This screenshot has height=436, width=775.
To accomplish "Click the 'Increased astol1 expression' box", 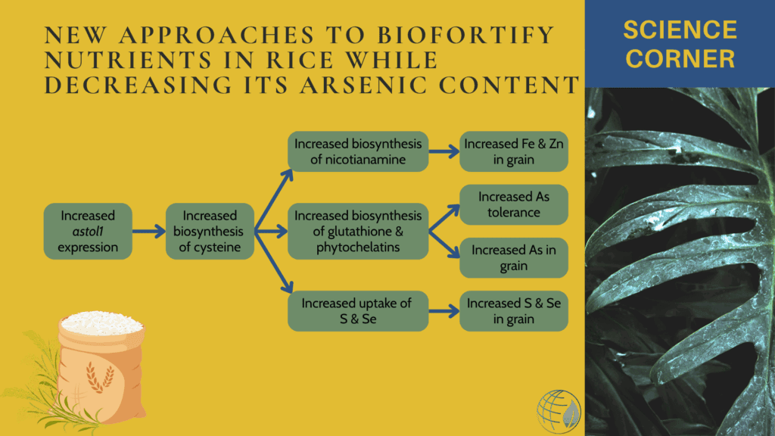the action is [88, 232].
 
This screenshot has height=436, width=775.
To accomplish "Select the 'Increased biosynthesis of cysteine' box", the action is [210, 232].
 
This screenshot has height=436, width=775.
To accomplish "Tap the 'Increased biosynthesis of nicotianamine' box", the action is [358, 151].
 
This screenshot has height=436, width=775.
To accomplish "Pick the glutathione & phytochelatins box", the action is [358, 232].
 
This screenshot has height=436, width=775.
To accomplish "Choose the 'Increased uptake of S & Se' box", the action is [358, 311].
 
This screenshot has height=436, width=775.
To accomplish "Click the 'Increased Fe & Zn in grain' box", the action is [514, 151].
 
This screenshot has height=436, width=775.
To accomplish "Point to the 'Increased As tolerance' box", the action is [514, 204].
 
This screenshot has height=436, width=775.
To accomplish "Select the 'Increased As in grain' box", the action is [514, 258].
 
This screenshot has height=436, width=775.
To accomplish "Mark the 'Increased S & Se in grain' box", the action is [514, 311].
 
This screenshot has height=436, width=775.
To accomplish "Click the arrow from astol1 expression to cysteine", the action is [149, 232].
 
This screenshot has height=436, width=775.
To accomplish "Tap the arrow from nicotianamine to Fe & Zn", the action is [444, 151].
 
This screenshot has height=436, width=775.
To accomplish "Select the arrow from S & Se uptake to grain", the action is [444, 311].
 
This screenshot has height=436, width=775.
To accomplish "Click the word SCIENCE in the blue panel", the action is [680, 30].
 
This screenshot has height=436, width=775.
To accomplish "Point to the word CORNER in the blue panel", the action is [680, 59].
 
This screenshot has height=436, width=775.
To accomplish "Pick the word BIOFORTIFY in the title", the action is [465, 35].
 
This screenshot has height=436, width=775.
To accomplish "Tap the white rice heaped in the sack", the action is [102, 323].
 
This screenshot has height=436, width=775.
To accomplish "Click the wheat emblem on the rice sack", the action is [100, 377].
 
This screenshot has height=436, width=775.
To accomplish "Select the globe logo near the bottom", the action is [559, 412].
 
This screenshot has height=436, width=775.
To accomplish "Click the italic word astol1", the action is [88, 232].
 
